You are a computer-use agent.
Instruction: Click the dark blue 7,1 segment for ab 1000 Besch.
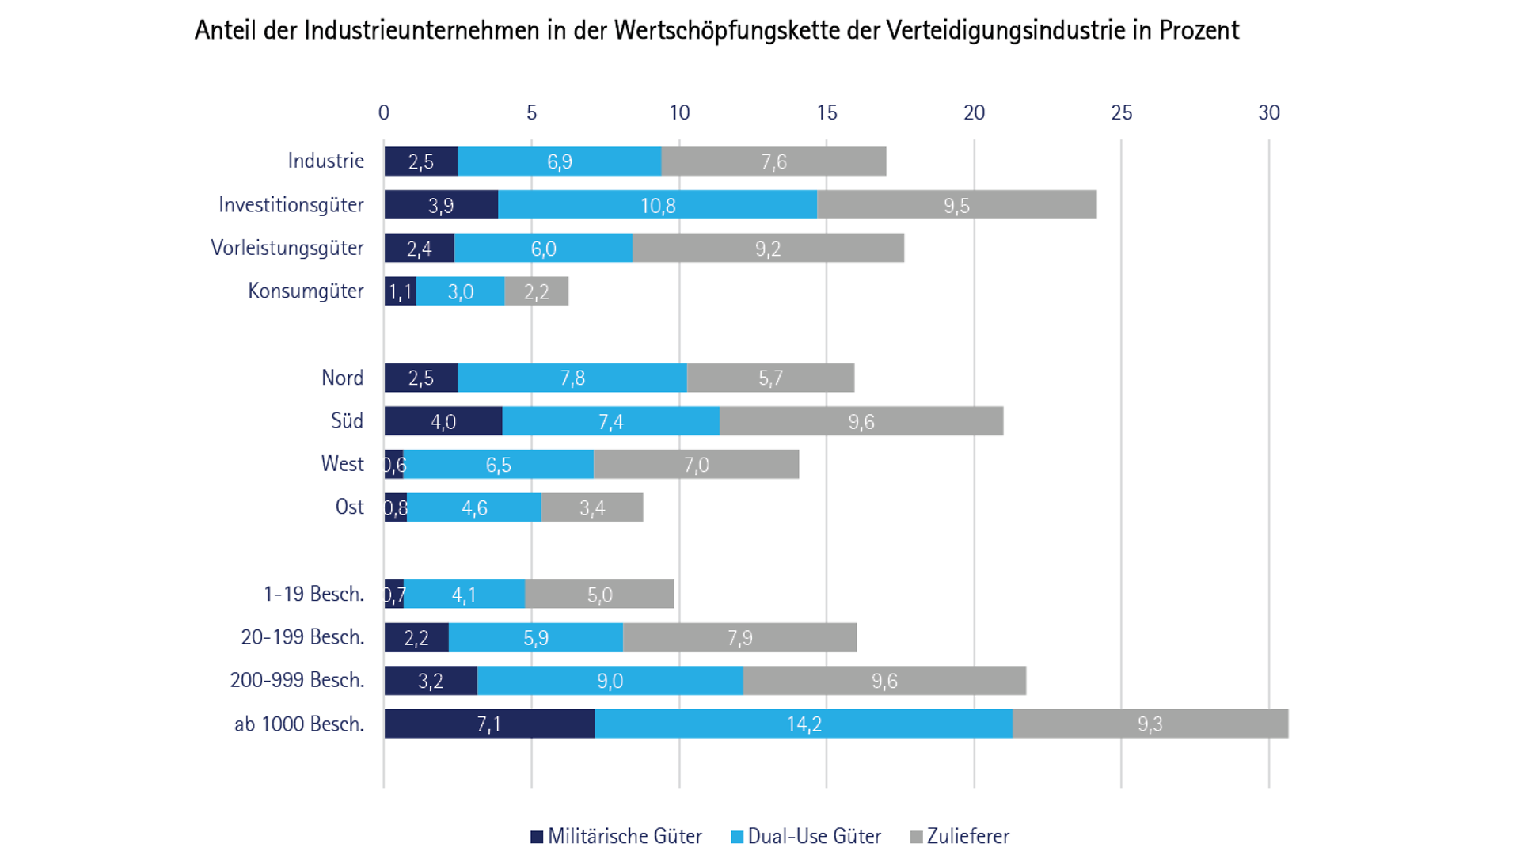[489, 724]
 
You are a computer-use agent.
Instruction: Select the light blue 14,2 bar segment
[804, 724]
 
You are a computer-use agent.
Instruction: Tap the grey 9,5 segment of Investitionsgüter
[956, 205]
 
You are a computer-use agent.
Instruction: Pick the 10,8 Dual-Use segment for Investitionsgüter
[658, 205]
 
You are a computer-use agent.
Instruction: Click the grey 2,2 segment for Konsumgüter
[536, 291]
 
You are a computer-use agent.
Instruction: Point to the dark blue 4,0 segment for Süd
[443, 421]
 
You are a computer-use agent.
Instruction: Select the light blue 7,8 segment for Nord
[572, 378]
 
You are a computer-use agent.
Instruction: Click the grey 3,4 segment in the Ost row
[592, 507]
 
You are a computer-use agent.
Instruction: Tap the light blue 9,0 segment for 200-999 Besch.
[610, 681]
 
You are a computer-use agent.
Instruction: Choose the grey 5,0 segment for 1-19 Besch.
[599, 595]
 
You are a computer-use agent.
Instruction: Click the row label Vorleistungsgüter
[287, 248]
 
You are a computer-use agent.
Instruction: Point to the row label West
[342, 464]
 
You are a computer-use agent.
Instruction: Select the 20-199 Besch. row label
[302, 637]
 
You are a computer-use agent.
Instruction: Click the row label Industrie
[325, 161]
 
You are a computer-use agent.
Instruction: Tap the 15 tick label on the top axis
[826, 112]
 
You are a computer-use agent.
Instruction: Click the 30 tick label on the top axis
[1268, 112]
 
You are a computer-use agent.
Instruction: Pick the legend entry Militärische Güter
[616, 836]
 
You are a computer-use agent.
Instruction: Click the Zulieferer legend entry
[959, 836]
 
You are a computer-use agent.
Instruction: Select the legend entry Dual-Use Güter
[806, 836]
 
